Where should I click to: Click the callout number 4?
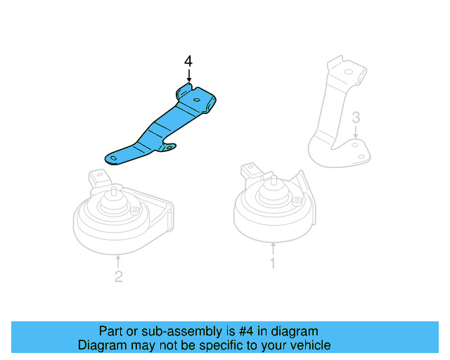(x=188, y=62)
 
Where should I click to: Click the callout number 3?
(x=356, y=116)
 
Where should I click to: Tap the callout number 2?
(x=118, y=277)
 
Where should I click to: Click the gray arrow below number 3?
(x=356, y=131)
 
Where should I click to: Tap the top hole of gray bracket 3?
(x=347, y=72)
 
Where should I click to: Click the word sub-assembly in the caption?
(x=160, y=331)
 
